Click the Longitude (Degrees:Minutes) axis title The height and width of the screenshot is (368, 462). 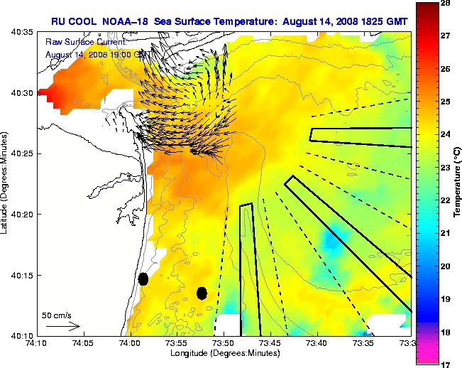tap(226, 353)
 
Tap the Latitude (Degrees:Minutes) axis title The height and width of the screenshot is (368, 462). tap(6, 183)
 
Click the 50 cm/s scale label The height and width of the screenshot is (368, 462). tap(57, 315)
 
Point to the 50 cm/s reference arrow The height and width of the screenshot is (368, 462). tap(62, 326)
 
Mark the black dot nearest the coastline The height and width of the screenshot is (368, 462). tap(143, 279)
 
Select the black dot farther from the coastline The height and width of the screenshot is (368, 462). tap(202, 293)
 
